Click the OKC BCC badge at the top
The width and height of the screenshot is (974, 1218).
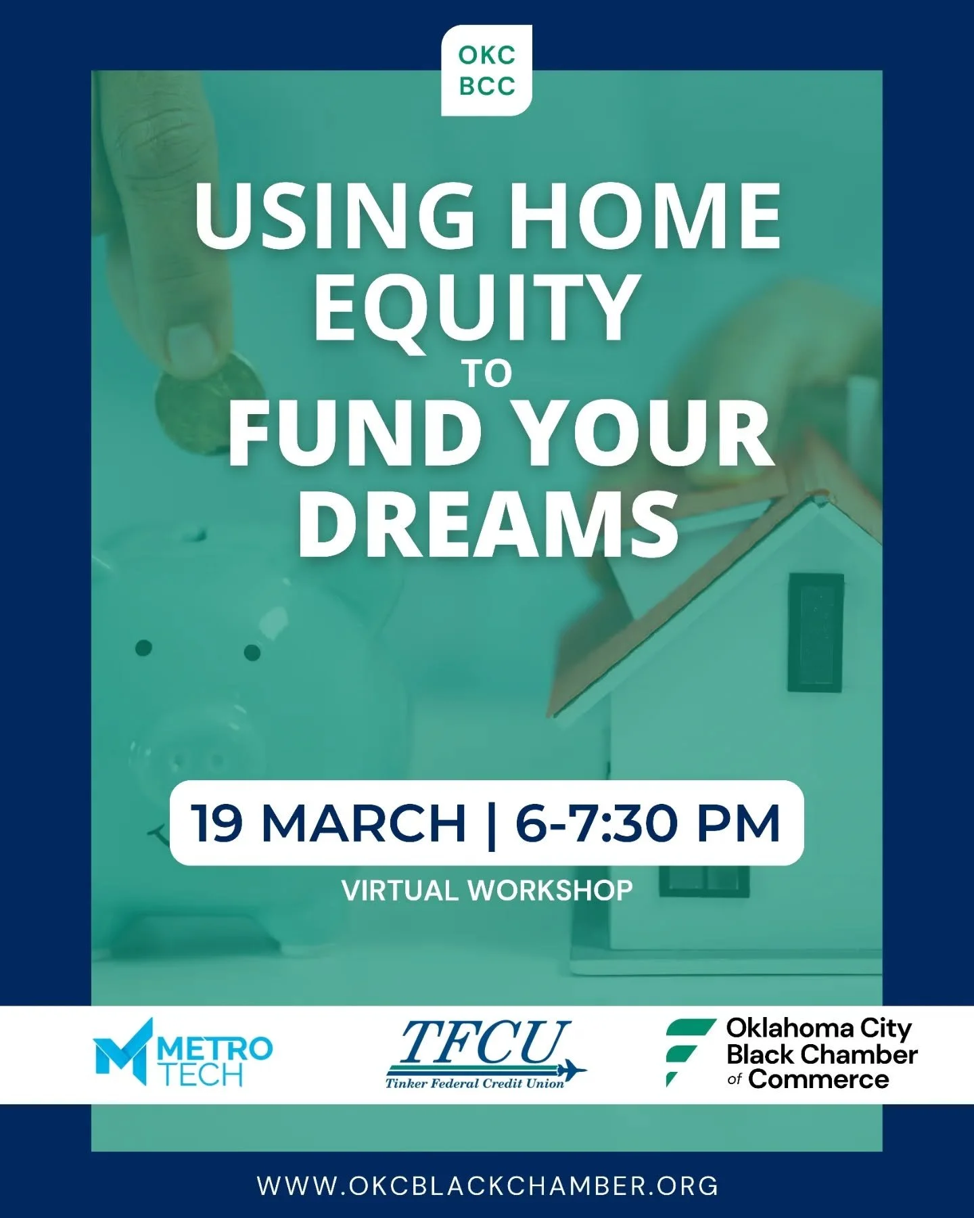point(486,70)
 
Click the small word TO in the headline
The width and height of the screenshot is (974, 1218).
point(487,374)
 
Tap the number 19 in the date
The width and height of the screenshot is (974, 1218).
point(217,824)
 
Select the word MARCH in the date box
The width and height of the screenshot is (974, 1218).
point(364,824)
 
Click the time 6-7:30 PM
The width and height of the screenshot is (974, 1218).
point(647,824)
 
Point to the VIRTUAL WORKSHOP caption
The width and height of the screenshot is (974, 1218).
point(487,890)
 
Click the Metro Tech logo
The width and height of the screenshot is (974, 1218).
point(183,1053)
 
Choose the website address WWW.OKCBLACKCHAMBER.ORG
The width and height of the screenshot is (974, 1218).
point(487,1186)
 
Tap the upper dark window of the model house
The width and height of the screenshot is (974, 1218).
point(816,633)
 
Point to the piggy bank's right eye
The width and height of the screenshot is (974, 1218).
point(252,653)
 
